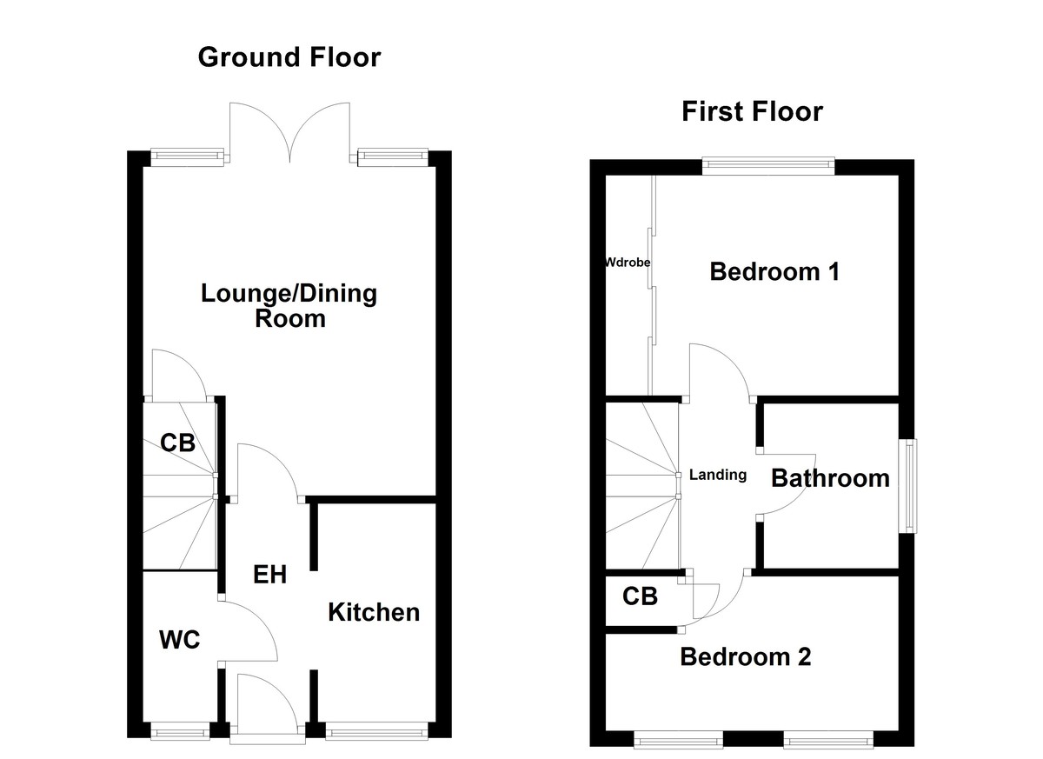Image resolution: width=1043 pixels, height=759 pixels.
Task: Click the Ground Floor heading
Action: click(289, 57)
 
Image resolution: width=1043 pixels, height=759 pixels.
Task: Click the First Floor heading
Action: click(752, 111)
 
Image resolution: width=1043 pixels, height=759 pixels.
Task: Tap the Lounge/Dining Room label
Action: click(289, 305)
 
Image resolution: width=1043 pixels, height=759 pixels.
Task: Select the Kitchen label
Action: click(373, 612)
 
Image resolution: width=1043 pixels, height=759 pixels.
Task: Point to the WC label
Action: click(180, 641)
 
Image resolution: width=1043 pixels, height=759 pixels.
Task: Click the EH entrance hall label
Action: click(269, 575)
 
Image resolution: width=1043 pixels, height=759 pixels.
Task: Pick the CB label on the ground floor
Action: click(177, 443)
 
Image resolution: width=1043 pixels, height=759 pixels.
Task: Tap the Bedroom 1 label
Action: click(774, 272)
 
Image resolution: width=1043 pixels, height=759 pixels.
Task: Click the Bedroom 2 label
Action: click(745, 656)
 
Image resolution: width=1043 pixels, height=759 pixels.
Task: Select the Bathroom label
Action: click(830, 478)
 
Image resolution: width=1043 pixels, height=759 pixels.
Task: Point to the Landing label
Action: click(718, 475)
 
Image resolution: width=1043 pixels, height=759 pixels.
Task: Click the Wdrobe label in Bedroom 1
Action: click(628, 262)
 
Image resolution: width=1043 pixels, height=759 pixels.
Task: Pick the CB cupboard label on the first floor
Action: click(640, 597)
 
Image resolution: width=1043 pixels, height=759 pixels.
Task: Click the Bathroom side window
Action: click(908, 485)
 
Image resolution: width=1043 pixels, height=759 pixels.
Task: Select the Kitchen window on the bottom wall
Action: click(377, 732)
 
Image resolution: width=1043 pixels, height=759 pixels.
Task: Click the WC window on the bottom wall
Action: click(181, 732)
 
